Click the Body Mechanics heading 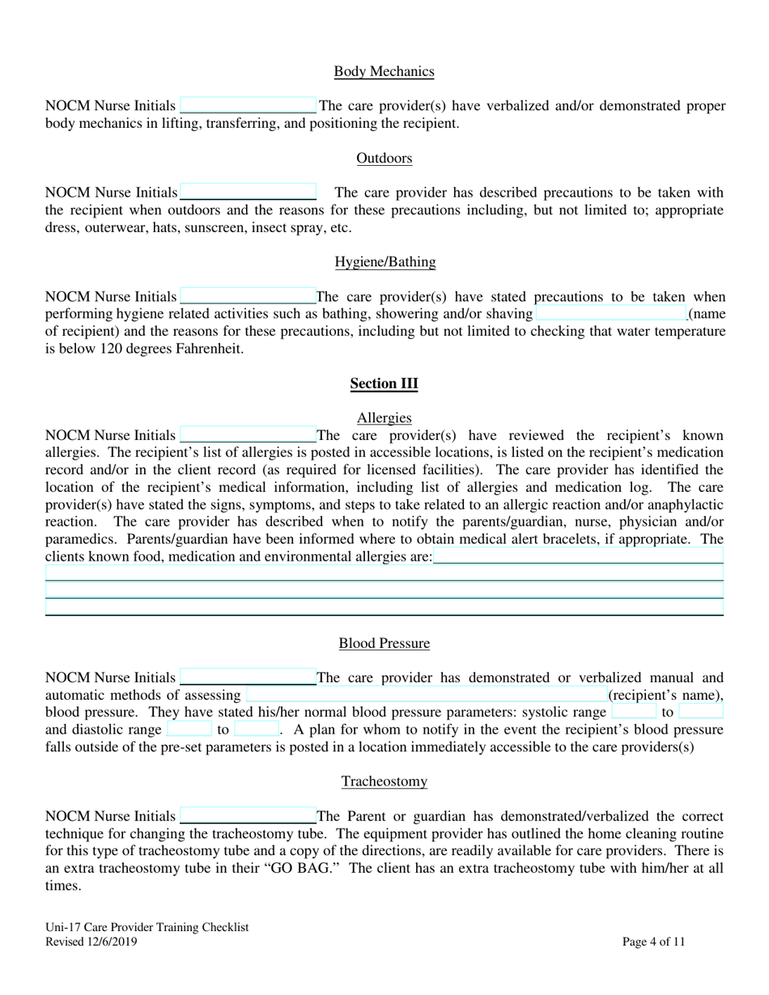click(x=384, y=72)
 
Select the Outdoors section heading click(x=384, y=159)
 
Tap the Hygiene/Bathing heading click(x=384, y=262)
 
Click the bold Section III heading click(x=384, y=383)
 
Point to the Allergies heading click(x=384, y=418)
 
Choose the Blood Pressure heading click(x=384, y=644)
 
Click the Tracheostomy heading click(x=384, y=781)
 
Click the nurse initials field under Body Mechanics click(x=248, y=106)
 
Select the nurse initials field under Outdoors click(x=248, y=193)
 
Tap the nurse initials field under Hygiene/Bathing click(x=248, y=297)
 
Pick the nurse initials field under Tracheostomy click(x=248, y=816)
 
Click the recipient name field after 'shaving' click(x=610, y=314)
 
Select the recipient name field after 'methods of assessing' click(x=426, y=695)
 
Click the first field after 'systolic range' click(x=634, y=712)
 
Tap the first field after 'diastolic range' click(x=189, y=730)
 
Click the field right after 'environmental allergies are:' click(x=578, y=557)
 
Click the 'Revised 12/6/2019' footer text click(x=91, y=942)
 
